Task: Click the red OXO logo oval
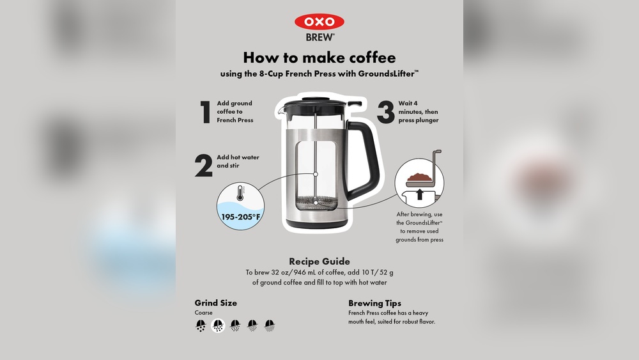[x=319, y=22]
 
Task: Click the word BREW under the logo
[x=319, y=37]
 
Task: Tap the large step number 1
[x=205, y=112]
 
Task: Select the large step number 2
[x=203, y=166]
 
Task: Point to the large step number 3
[x=385, y=112]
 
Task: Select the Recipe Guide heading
[x=319, y=261]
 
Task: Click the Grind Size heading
[x=215, y=303]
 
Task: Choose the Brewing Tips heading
[x=374, y=303]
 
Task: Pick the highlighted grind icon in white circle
[x=219, y=325]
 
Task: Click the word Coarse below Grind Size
[x=204, y=313]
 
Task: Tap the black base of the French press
[x=317, y=223]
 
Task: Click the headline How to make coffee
[x=319, y=58]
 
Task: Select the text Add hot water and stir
[x=238, y=161]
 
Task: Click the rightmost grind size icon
[x=270, y=325]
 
